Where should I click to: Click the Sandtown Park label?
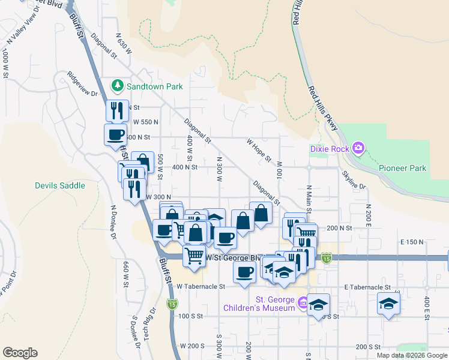(155, 86)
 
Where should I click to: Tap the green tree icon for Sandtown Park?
(118, 86)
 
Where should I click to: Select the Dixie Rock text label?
(330, 148)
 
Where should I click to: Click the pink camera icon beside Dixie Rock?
(358, 148)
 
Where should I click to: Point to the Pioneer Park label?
(402, 168)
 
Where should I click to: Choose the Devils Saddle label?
(60, 185)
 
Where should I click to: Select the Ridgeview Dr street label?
(83, 84)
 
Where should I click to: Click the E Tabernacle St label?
(367, 287)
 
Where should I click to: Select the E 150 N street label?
(412, 241)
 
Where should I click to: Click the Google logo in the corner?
(20, 352)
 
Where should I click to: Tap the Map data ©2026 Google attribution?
(412, 355)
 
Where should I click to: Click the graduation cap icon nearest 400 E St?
(388, 302)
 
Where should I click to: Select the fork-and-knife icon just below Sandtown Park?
(117, 110)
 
